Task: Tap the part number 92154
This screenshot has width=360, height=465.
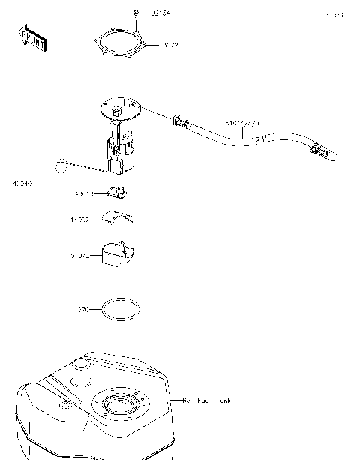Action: (x=160, y=13)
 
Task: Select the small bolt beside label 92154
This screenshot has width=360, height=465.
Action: (x=137, y=13)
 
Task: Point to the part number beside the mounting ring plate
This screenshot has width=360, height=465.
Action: (x=168, y=45)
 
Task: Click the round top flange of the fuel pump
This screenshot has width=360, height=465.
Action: (x=120, y=111)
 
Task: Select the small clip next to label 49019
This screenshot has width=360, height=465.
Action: (x=116, y=193)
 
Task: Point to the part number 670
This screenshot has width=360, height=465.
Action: (x=83, y=308)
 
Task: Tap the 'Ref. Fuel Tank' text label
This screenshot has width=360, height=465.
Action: (x=207, y=400)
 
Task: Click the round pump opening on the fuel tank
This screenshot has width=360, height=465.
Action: (x=118, y=408)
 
